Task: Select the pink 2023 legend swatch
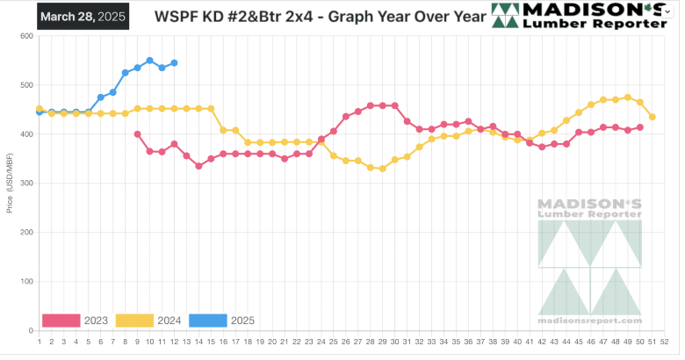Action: click(x=61, y=320)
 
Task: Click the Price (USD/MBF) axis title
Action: click(x=10, y=184)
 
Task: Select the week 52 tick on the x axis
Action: click(x=665, y=342)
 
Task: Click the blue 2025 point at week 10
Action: click(x=150, y=61)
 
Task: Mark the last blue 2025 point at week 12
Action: click(x=175, y=63)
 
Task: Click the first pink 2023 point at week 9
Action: click(x=138, y=134)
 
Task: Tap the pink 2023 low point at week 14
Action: click(x=199, y=166)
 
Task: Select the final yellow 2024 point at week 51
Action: click(x=653, y=117)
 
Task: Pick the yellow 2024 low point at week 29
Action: click(x=382, y=169)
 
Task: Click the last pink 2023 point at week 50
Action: click(x=640, y=127)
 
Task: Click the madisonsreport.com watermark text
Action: click(x=590, y=322)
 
